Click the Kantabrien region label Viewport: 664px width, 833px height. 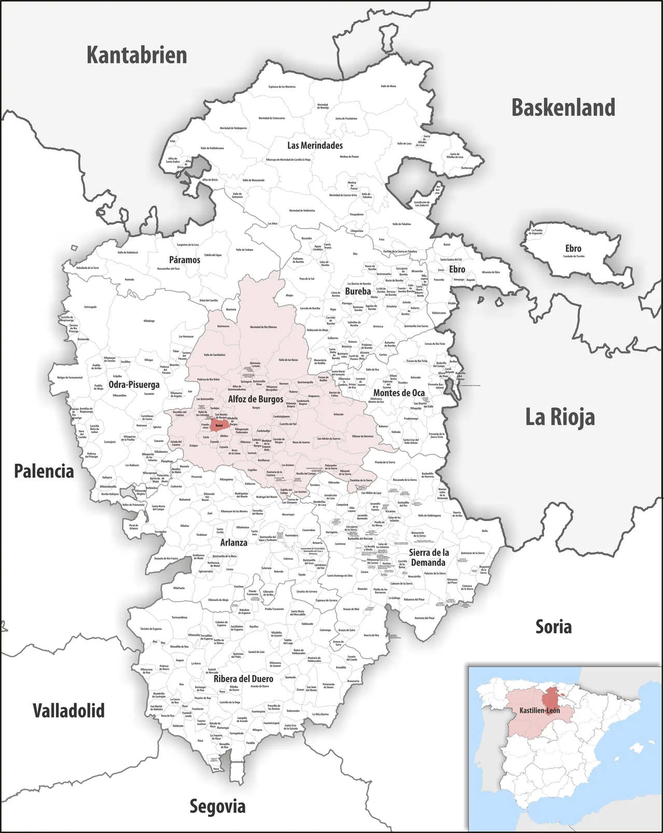[x=136, y=55]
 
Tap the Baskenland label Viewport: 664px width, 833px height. [x=563, y=107]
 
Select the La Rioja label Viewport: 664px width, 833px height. [x=560, y=416]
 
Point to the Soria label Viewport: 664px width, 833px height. [x=554, y=627]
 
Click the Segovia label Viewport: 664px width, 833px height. [x=217, y=806]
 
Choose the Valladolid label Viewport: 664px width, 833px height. [x=68, y=710]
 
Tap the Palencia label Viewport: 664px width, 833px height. [x=44, y=471]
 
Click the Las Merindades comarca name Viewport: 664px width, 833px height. [x=315, y=145]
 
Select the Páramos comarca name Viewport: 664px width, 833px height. [x=184, y=259]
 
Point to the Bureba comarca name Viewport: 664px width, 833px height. [x=358, y=291]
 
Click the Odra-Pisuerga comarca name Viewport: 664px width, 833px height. [x=134, y=384]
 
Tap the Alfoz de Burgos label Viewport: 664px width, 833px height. [x=256, y=399]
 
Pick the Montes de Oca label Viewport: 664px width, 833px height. [x=399, y=393]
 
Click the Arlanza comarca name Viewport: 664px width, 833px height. [x=233, y=543]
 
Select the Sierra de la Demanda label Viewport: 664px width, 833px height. [x=428, y=558]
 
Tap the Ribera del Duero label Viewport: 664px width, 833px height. [x=243, y=678]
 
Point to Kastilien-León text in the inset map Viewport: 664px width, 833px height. [x=539, y=710]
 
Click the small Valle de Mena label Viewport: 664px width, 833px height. [x=388, y=86]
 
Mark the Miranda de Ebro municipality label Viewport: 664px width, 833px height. [x=491, y=272]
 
